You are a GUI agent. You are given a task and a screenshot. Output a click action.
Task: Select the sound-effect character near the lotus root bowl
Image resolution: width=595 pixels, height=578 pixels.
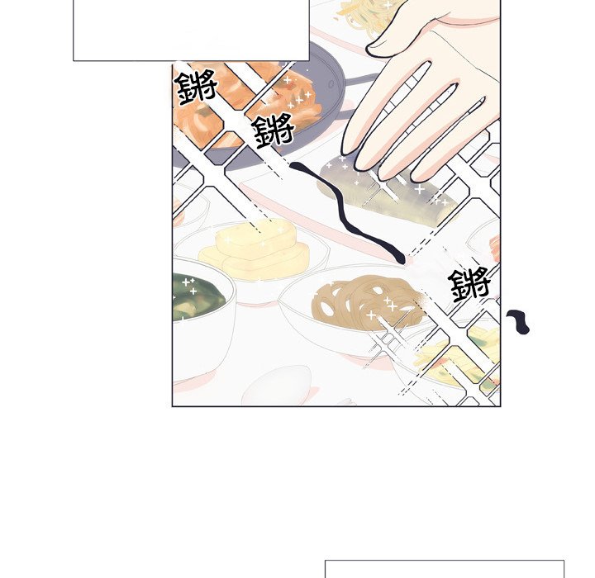[469, 284]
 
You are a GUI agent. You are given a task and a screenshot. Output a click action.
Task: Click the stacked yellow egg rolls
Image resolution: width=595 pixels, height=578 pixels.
[255, 249]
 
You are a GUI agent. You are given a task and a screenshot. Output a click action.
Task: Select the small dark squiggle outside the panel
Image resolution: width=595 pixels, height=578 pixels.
[518, 322]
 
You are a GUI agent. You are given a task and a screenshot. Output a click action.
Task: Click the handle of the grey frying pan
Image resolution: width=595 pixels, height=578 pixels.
[359, 79]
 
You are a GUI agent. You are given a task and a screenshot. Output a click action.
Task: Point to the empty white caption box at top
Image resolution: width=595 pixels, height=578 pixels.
[191, 30]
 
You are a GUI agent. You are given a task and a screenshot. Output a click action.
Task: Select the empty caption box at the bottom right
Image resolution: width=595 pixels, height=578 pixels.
[445, 568]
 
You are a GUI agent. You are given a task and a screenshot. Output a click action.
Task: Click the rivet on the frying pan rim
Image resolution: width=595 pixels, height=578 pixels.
[331, 84]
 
